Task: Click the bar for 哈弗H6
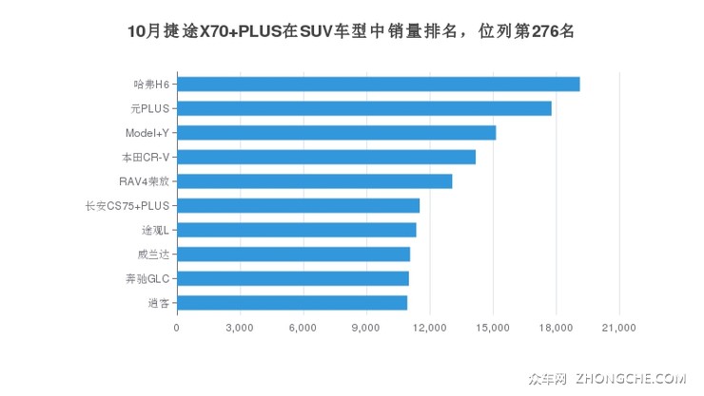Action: point(378,85)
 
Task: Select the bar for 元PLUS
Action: point(363,108)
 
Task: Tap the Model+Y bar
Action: point(336,133)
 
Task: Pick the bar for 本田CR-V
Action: point(325,157)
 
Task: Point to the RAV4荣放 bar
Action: point(314,181)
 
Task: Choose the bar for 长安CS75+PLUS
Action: point(298,205)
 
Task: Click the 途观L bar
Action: point(296,230)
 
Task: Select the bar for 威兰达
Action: point(293,254)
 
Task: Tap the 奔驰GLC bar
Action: point(292,278)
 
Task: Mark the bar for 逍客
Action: point(291,302)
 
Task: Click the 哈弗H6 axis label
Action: point(151,85)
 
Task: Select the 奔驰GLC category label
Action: point(147,278)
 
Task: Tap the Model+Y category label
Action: point(147,133)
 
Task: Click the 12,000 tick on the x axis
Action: point(430,328)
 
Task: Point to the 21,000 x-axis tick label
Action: point(619,328)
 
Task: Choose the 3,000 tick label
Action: point(240,328)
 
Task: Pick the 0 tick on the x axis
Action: point(177,328)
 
